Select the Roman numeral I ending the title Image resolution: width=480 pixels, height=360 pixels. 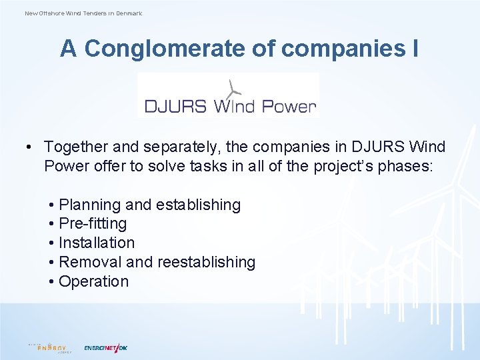point(414,49)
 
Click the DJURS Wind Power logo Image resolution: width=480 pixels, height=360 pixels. point(229,97)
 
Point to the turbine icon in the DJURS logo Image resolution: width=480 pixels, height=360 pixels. point(232,88)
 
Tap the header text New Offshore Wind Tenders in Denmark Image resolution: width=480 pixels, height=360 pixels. point(83,13)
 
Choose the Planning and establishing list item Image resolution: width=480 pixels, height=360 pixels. point(149,205)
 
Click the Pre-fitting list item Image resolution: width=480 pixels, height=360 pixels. point(92,224)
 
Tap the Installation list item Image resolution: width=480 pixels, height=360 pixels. point(97,243)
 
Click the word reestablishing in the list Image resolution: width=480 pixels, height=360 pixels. point(206,262)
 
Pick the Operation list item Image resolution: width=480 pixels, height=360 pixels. point(93,281)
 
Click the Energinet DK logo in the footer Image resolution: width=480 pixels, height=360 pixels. point(105,347)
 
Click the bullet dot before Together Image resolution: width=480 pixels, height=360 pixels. point(31,147)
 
